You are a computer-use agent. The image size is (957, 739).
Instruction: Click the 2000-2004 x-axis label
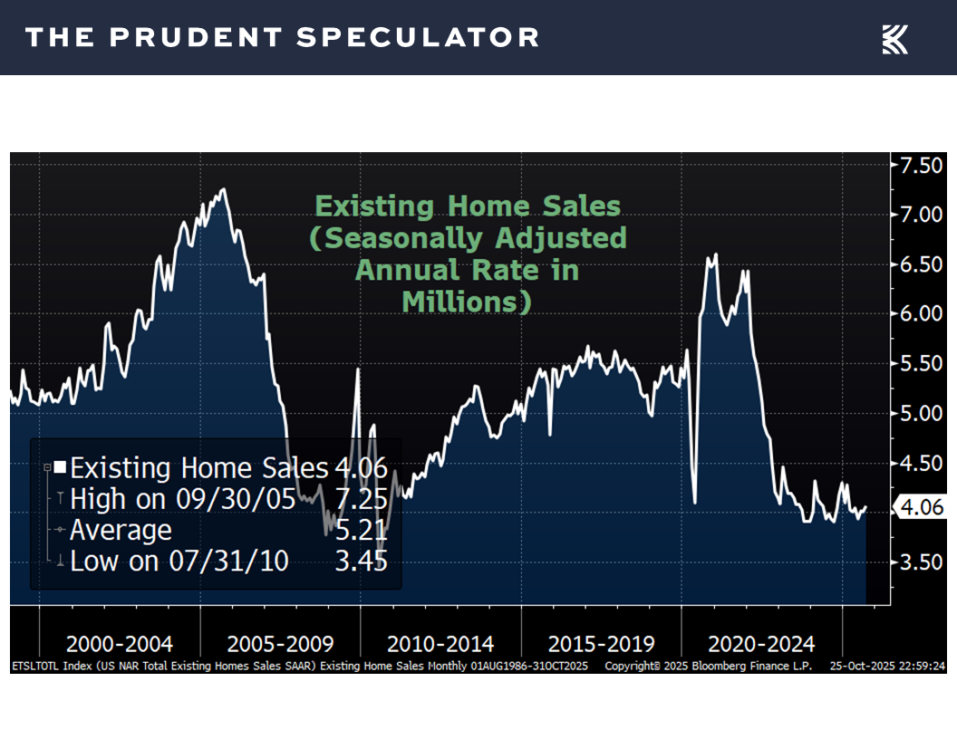120,645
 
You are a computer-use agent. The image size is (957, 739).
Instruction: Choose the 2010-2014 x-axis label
440,645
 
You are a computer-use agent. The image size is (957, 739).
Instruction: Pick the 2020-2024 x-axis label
761,645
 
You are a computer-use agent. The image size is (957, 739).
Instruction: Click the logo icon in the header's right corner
894,39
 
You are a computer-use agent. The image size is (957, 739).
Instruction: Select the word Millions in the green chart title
466,302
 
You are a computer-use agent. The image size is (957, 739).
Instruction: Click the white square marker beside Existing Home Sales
60,467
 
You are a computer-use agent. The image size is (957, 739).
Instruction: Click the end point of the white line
865,507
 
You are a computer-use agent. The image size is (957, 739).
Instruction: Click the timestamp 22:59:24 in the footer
920,666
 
